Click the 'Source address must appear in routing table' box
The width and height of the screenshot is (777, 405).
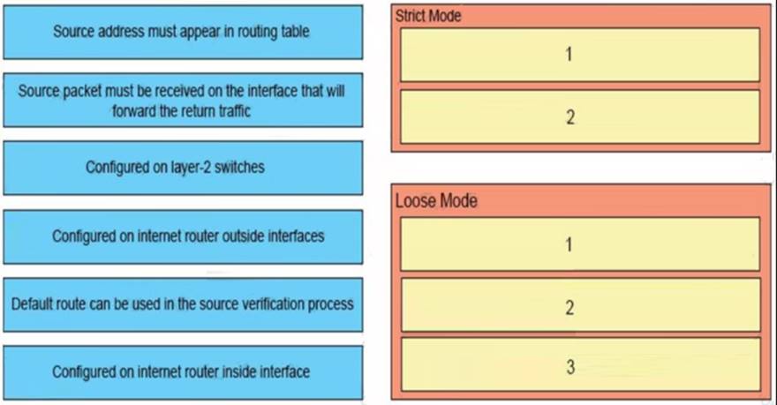point(183,32)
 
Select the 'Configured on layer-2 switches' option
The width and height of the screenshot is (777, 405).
point(183,168)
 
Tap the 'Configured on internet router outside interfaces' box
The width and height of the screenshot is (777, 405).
point(183,236)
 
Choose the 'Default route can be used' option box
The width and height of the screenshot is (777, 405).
point(183,304)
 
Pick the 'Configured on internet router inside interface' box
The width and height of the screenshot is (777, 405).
point(183,372)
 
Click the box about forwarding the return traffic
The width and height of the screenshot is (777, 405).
point(183,100)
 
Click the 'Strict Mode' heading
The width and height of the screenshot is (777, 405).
point(428,16)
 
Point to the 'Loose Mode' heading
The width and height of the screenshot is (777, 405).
point(436,200)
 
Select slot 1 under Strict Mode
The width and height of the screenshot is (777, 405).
point(580,55)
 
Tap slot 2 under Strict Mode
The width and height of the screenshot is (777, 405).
point(580,116)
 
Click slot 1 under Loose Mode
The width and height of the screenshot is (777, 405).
point(580,244)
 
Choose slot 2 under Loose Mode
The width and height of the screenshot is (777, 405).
point(580,305)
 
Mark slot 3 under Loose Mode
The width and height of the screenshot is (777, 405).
point(580,365)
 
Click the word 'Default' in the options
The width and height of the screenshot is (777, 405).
point(29,304)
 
